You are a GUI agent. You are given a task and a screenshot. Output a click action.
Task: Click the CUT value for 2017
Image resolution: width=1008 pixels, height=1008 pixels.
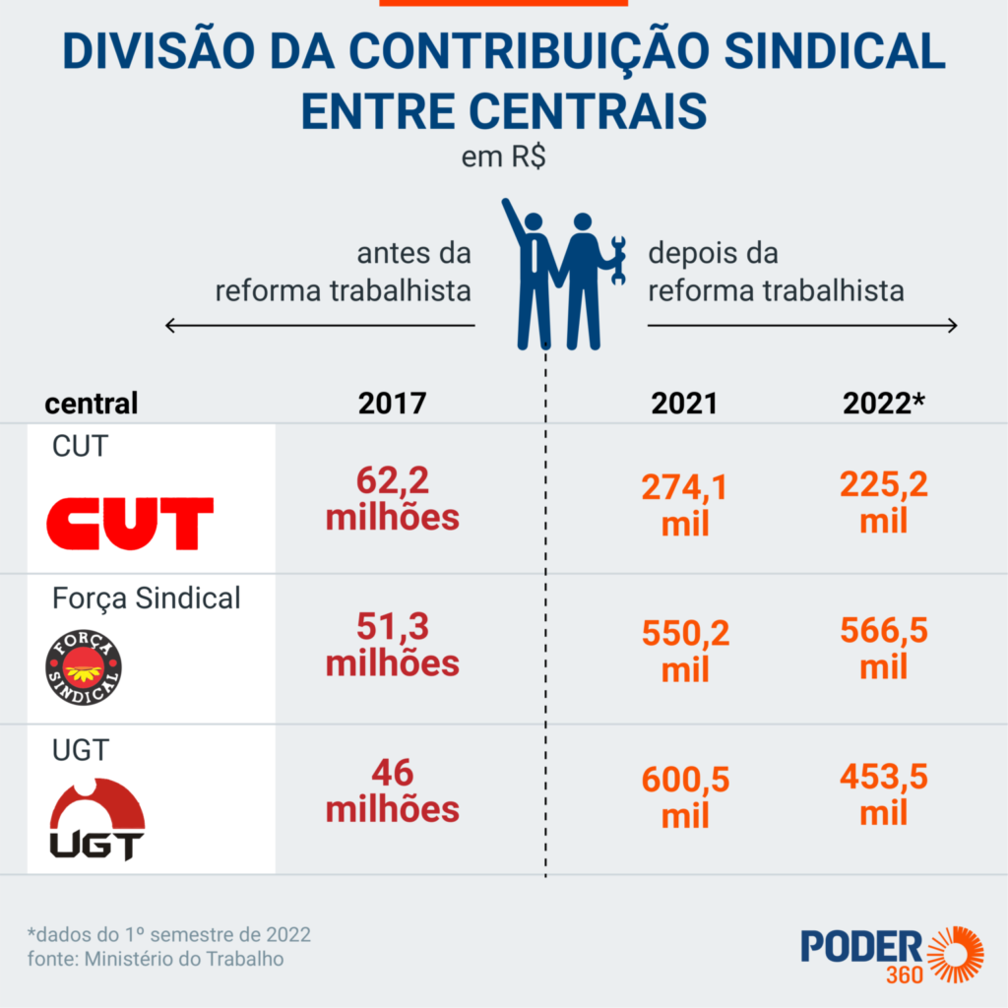(392, 499)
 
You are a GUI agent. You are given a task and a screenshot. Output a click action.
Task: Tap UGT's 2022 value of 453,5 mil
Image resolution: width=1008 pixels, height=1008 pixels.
(883, 794)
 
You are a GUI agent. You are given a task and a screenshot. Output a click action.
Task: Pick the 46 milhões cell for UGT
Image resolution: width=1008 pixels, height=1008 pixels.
(392, 791)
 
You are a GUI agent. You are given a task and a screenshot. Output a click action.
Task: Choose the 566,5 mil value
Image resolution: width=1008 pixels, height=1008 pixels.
(883, 649)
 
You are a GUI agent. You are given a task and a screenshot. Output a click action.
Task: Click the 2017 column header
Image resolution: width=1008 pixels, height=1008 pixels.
(392, 404)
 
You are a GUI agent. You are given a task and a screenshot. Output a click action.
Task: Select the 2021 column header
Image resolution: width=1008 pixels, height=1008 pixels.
(684, 404)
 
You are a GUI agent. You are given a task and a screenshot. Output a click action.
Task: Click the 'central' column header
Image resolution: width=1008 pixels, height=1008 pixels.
(92, 404)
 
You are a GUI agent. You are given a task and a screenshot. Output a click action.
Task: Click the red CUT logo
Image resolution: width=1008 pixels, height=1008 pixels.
(130, 523)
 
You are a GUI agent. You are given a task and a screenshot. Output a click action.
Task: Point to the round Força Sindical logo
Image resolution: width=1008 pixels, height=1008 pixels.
(84, 665)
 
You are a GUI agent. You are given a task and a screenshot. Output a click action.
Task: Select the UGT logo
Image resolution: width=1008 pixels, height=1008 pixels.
(97, 819)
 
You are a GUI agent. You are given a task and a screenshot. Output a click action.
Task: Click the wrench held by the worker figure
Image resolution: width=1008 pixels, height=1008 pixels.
(618, 261)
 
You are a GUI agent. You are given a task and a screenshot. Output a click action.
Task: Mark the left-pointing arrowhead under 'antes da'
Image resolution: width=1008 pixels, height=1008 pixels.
(170, 326)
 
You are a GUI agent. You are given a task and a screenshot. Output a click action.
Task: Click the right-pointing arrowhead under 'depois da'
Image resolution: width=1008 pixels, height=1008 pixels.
(952, 326)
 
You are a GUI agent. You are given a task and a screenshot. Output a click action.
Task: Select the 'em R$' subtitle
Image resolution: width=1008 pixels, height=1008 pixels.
(504, 157)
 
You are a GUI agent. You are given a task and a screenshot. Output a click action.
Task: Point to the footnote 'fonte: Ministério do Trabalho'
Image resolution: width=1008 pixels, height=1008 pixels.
(156, 958)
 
